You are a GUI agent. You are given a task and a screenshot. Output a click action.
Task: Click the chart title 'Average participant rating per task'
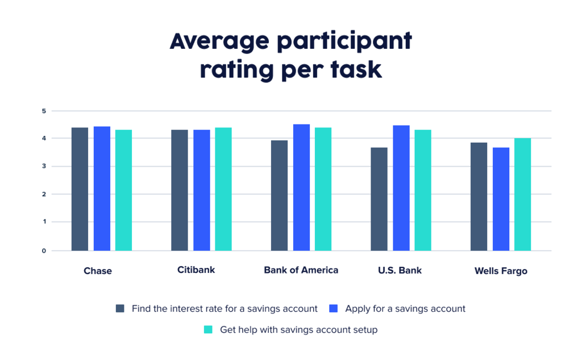point(290,56)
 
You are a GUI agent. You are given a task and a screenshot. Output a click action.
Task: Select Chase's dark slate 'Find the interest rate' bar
point(80,189)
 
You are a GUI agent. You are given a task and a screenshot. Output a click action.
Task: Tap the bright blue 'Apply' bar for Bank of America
point(301,187)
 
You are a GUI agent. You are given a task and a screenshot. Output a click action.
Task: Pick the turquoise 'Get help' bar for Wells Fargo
point(522,194)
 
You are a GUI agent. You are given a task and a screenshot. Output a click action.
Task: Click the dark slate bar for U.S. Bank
point(379,199)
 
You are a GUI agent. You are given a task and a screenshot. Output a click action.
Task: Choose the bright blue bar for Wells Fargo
point(501,199)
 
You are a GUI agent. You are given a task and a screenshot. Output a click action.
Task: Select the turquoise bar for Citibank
point(223,189)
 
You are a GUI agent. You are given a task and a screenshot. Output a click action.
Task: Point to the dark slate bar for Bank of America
point(279,195)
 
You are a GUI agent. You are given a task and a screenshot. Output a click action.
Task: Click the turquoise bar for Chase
point(123,190)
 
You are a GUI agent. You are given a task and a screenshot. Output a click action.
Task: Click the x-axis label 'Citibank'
point(196,270)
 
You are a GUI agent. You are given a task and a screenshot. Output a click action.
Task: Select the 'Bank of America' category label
point(301,270)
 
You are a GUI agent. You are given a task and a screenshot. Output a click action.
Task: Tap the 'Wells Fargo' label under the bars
point(501,271)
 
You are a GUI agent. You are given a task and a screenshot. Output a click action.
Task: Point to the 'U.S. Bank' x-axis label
point(400,270)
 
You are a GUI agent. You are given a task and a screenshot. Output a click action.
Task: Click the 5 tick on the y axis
point(43,111)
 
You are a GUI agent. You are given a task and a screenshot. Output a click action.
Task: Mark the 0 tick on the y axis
point(43,250)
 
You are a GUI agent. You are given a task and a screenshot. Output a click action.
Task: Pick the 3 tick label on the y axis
point(43,167)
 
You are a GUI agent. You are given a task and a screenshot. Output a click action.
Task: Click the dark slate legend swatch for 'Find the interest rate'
point(120,309)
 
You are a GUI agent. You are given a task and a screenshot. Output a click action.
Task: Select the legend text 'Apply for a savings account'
point(405,309)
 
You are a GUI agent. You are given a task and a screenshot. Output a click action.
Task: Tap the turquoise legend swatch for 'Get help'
point(208,329)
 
